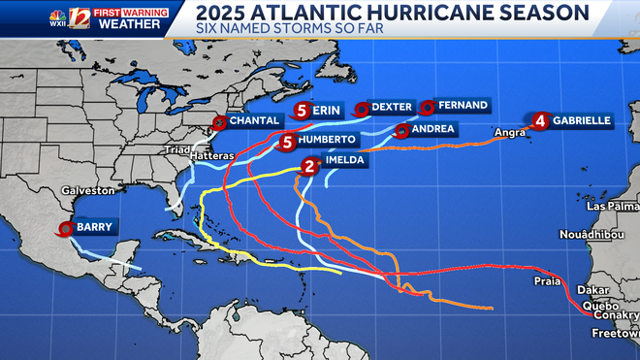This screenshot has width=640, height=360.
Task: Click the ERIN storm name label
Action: pyautogui.click(x=327, y=111)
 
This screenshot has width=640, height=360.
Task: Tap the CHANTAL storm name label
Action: pyautogui.click(x=256, y=121)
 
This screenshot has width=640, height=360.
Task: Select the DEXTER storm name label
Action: pyautogui.click(x=392, y=108)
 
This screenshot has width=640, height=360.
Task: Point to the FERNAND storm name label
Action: pyautogui.click(x=461, y=105)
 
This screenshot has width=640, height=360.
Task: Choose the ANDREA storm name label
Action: pyautogui.click(x=432, y=129)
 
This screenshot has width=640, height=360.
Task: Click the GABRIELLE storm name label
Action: pyautogui.click(x=581, y=120)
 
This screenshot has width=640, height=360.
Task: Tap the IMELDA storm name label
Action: pyautogui.click(x=345, y=161)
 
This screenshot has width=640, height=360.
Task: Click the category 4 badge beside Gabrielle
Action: pyautogui.click(x=539, y=121)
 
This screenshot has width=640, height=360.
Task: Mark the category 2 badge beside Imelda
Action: pyautogui.click(x=310, y=166)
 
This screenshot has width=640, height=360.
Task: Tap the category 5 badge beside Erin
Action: pyautogui.click(x=303, y=111)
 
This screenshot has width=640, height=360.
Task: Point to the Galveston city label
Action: pyautogui.click(x=80, y=191)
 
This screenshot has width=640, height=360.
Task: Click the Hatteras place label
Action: pyautogui.click(x=211, y=156)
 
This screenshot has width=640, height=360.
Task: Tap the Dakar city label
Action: pyautogui.click(x=592, y=289)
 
